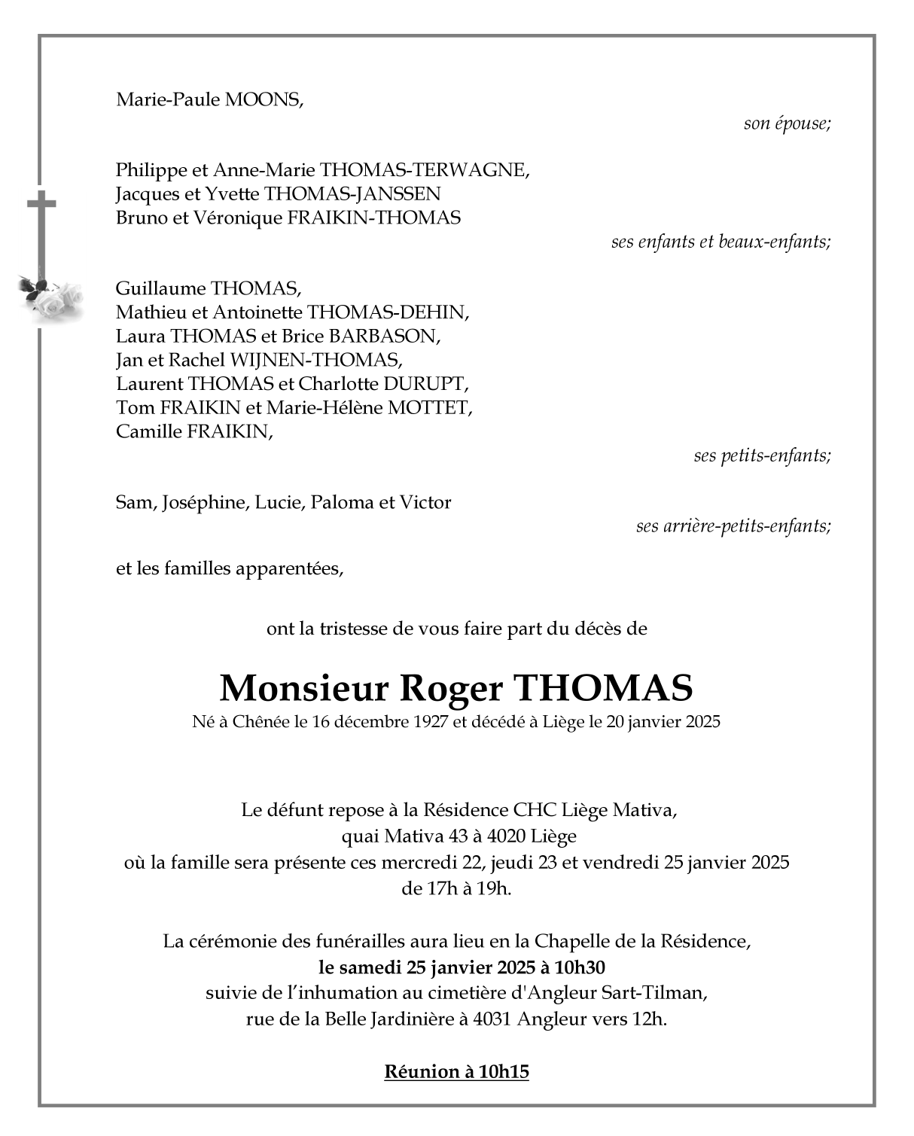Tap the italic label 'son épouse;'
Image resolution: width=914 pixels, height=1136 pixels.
[787, 123]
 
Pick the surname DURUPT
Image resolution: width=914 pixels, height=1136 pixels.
[425, 384]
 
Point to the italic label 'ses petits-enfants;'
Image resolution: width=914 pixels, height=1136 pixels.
[762, 456]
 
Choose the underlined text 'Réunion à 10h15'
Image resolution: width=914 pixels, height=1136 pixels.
[456, 1072]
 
